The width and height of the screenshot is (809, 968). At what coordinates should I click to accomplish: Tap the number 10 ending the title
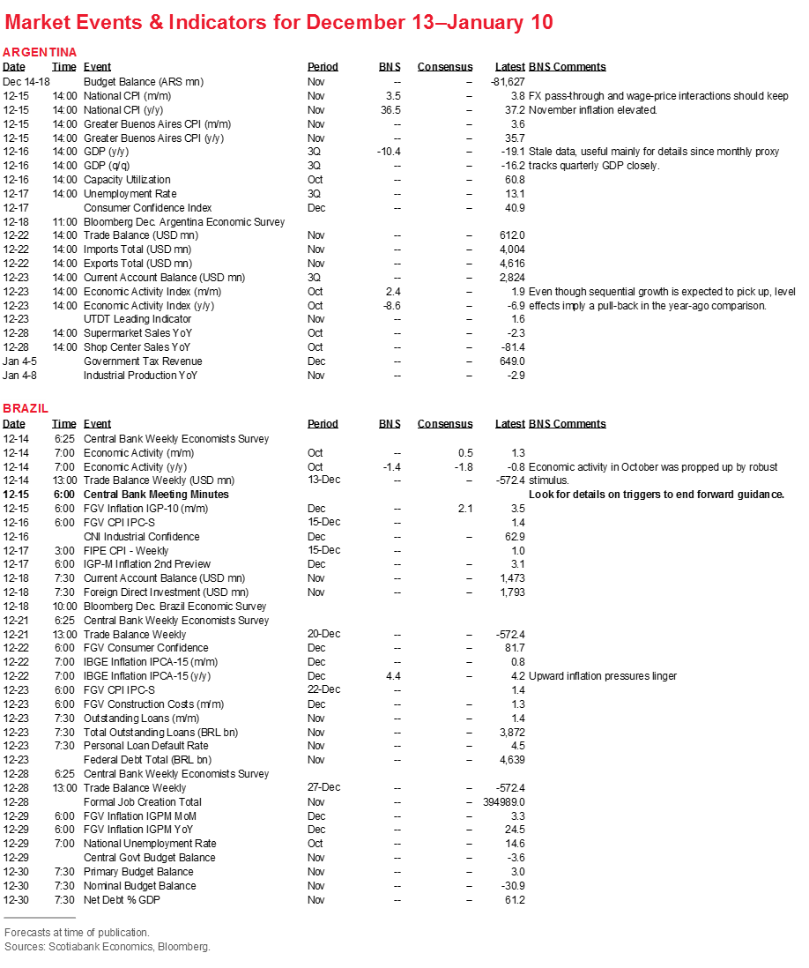(x=542, y=23)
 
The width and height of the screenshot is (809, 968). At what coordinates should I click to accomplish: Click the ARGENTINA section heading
(x=40, y=53)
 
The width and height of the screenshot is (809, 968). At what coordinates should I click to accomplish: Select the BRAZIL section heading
(x=24, y=408)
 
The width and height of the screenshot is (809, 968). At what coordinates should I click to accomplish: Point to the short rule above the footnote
(x=40, y=918)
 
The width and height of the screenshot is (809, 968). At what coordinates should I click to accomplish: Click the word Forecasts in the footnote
(x=26, y=933)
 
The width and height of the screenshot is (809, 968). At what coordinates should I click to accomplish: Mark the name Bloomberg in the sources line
(x=183, y=947)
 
